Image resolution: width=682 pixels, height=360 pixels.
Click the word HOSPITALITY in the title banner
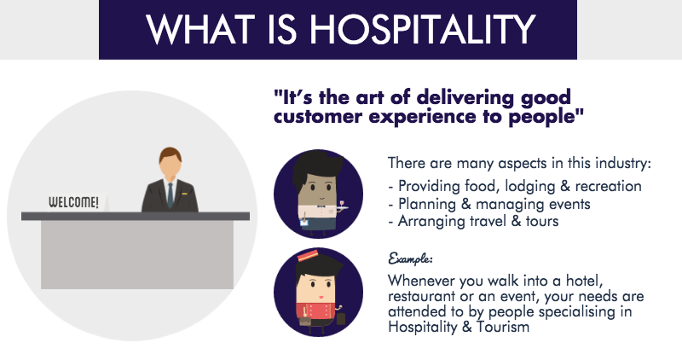pyautogui.click(x=422, y=29)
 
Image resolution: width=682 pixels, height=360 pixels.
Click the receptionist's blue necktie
pyautogui.click(x=170, y=195)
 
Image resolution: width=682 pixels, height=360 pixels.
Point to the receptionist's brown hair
pyautogui.click(x=170, y=154)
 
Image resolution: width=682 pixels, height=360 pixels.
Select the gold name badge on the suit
pyautogui.click(x=184, y=194)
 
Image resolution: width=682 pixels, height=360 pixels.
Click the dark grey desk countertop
pyautogui.click(x=136, y=216)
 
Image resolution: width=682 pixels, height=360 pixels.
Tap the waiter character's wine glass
pyautogui.click(x=342, y=204)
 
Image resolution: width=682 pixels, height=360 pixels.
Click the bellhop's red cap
pyautogui.click(x=308, y=256)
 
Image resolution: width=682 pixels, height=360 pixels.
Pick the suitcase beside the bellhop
pyautogui.click(x=340, y=318)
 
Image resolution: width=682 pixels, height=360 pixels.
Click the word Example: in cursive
pyautogui.click(x=410, y=258)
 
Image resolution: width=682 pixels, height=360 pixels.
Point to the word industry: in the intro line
pyautogui.click(x=623, y=163)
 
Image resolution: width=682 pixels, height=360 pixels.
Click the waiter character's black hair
pyautogui.click(x=316, y=166)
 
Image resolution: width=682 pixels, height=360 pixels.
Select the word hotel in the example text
pyautogui.click(x=584, y=281)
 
